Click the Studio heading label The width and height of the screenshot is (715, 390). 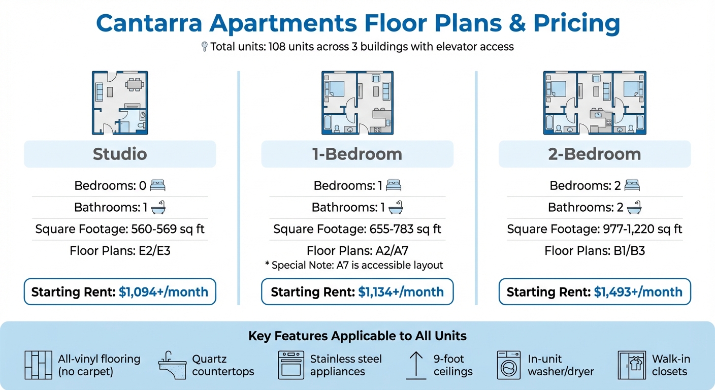pyautogui.click(x=120, y=154)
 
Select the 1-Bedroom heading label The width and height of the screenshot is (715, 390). pyautogui.click(x=357, y=154)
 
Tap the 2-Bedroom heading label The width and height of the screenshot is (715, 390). pyautogui.click(x=594, y=154)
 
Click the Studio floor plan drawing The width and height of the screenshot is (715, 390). pyautogui.click(x=120, y=103)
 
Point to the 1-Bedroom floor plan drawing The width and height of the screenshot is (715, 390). pyautogui.click(x=357, y=103)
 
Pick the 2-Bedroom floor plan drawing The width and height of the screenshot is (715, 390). pyautogui.click(x=595, y=103)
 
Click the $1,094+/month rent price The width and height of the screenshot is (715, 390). pyautogui.click(x=164, y=292)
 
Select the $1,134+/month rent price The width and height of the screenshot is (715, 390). pyautogui.click(x=401, y=292)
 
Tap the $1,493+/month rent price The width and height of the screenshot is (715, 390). pyautogui.click(x=638, y=292)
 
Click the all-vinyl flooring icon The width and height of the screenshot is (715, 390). pyautogui.click(x=39, y=365)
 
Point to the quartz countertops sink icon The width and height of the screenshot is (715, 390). pyautogui.click(x=172, y=365)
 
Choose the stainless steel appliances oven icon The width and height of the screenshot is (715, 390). pyautogui.click(x=291, y=365)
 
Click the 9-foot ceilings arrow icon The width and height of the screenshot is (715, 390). pyautogui.click(x=416, y=365)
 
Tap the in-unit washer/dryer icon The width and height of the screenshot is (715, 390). pyautogui.click(x=508, y=365)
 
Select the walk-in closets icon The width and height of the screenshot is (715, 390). pyautogui.click(x=632, y=365)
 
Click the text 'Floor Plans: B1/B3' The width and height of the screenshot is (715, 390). pyautogui.click(x=595, y=250)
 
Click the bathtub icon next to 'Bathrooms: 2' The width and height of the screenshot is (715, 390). pyautogui.click(x=633, y=207)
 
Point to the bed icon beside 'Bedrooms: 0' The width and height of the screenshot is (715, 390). pyautogui.click(x=157, y=185)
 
